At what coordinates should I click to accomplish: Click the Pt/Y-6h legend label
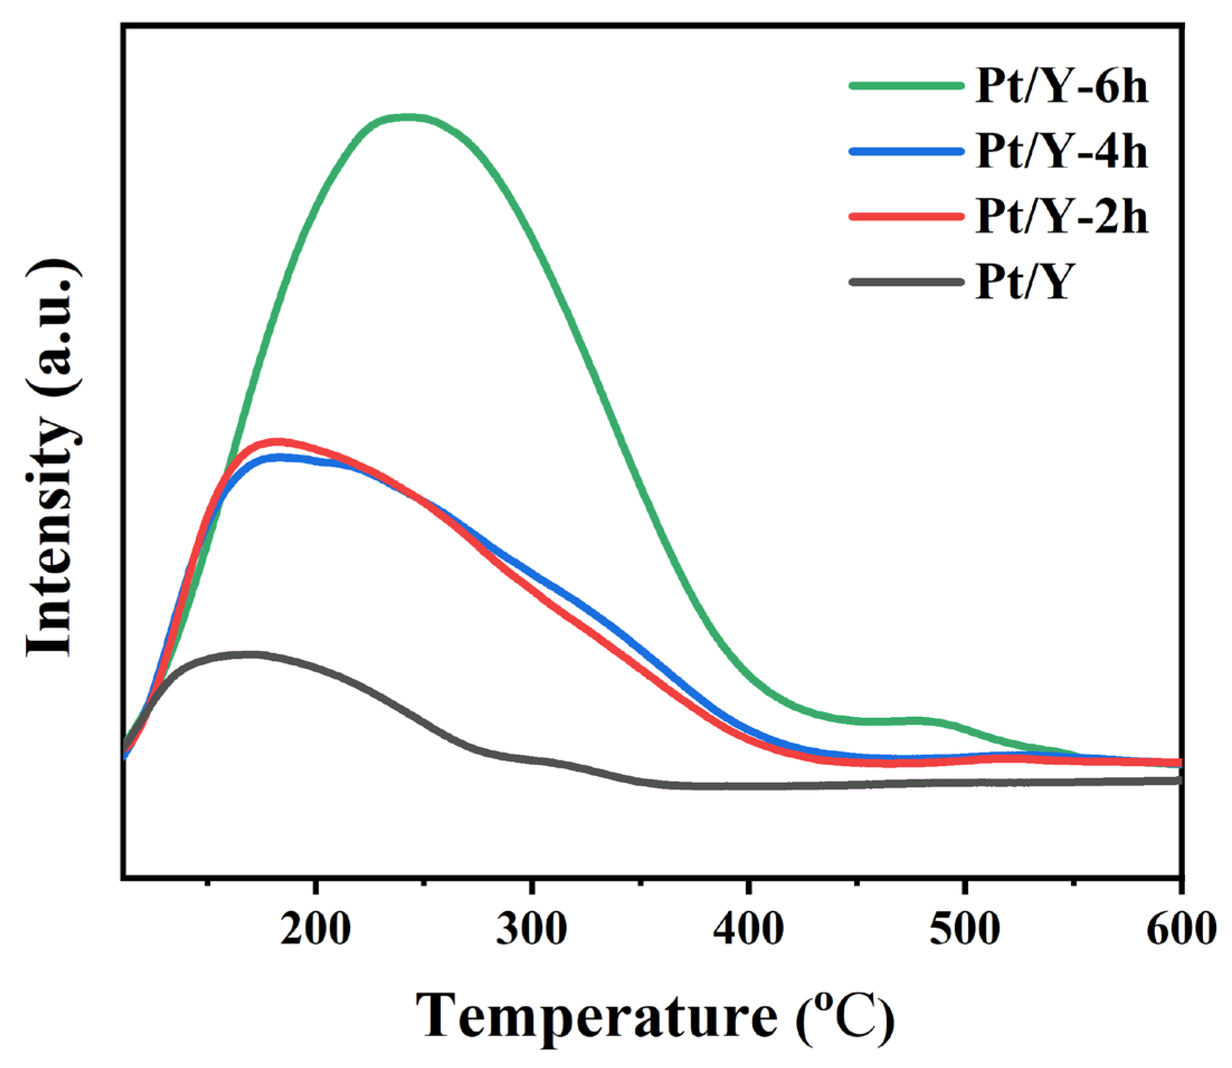(x=1061, y=87)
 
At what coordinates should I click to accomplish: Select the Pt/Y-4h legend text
(x=1061, y=152)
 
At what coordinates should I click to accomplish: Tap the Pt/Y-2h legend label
(x=1061, y=217)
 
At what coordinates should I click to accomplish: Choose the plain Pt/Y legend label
(x=1025, y=282)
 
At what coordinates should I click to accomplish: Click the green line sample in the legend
(x=906, y=86)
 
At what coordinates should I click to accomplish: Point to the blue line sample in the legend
(x=906, y=151)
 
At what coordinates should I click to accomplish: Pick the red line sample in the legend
(x=906, y=217)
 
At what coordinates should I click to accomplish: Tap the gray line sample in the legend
(x=906, y=281)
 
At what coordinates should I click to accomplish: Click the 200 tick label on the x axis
(x=316, y=929)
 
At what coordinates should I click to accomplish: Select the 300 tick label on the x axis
(x=531, y=929)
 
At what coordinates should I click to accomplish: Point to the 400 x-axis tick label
(x=748, y=929)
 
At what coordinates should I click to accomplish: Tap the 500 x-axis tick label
(x=964, y=929)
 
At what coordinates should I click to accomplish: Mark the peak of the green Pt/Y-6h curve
(x=408, y=117)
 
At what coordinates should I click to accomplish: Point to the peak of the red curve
(x=277, y=442)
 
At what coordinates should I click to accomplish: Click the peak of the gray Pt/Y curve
(x=250, y=655)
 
